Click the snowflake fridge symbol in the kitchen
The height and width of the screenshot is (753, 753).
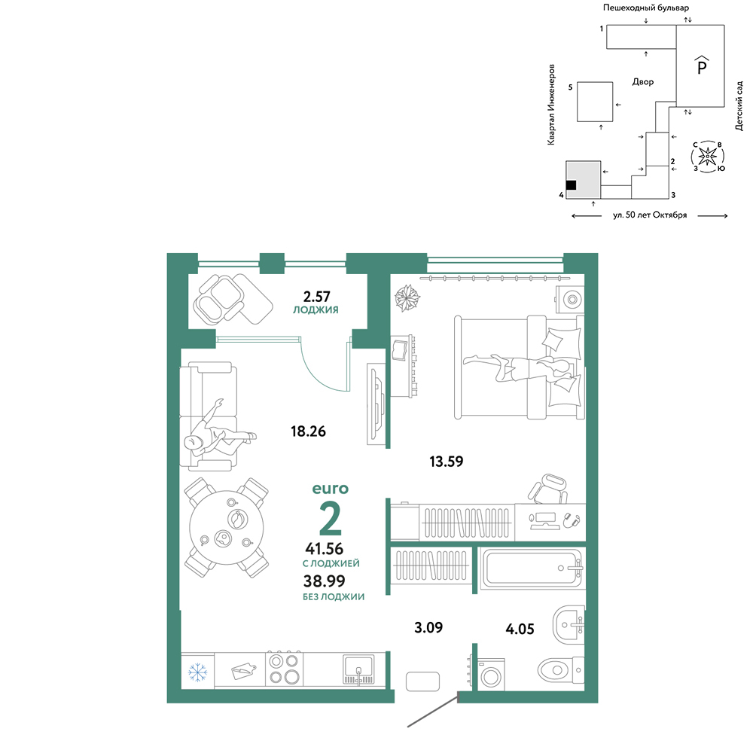click(197, 672)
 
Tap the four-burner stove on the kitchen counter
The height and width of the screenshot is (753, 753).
click(285, 669)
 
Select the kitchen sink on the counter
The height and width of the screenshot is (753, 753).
click(358, 669)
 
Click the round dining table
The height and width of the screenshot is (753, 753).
click(227, 527)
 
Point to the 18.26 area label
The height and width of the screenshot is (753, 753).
click(308, 431)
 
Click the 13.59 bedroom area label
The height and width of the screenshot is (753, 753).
click(446, 462)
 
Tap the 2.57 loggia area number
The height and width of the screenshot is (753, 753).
click(316, 296)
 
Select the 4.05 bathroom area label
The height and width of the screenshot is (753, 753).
click(520, 629)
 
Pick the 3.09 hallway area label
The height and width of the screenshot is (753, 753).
click(428, 627)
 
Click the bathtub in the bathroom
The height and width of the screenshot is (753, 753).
click(532, 568)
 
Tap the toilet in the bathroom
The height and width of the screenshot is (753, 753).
click(560, 669)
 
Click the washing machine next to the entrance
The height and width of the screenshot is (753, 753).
click(491, 675)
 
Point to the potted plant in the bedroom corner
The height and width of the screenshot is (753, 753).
click(407, 297)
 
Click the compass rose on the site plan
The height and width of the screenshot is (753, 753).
click(707, 157)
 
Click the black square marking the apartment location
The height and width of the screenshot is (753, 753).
click(571, 185)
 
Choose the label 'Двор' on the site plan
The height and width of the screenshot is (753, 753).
click(643, 81)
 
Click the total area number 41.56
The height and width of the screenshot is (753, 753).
click(324, 548)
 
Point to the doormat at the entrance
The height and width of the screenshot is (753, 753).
click(422, 681)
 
